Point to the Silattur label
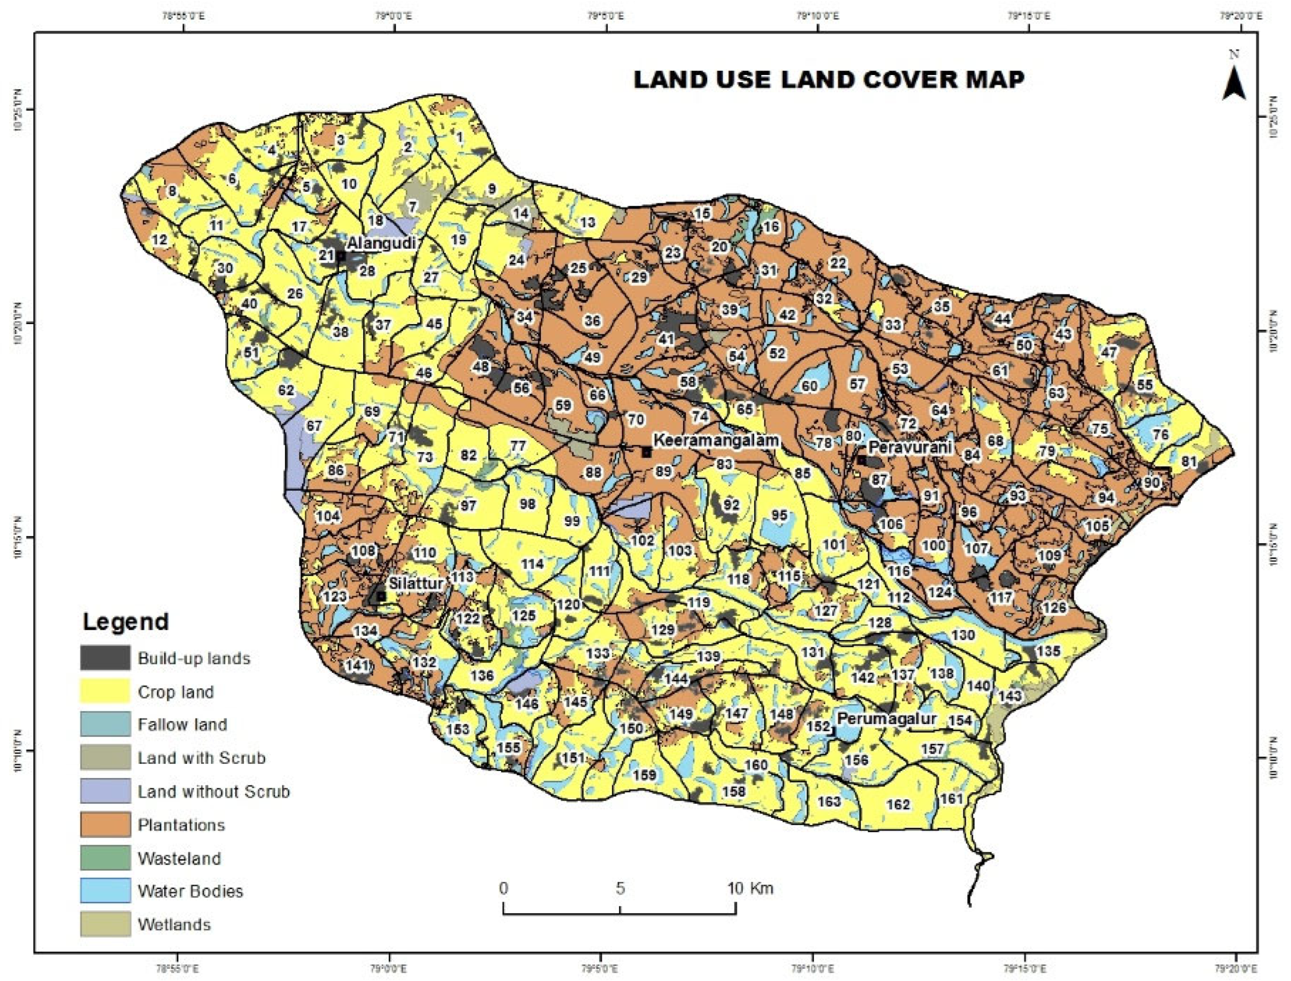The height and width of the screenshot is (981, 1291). [x=416, y=583]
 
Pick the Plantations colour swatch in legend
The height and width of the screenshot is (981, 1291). [x=105, y=825]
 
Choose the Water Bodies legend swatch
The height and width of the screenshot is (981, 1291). [x=105, y=891]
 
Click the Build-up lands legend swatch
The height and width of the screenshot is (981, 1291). [x=105, y=658]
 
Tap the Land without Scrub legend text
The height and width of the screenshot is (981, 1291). [x=213, y=792]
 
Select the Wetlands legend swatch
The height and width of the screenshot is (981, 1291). [x=105, y=924]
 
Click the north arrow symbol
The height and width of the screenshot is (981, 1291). [x=1234, y=85]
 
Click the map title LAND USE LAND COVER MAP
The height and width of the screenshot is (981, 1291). [x=829, y=79]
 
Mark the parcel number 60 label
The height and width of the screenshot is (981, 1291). [x=809, y=386]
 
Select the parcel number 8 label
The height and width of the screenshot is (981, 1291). [x=172, y=192]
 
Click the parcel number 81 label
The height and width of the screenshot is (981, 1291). [x=1189, y=461]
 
